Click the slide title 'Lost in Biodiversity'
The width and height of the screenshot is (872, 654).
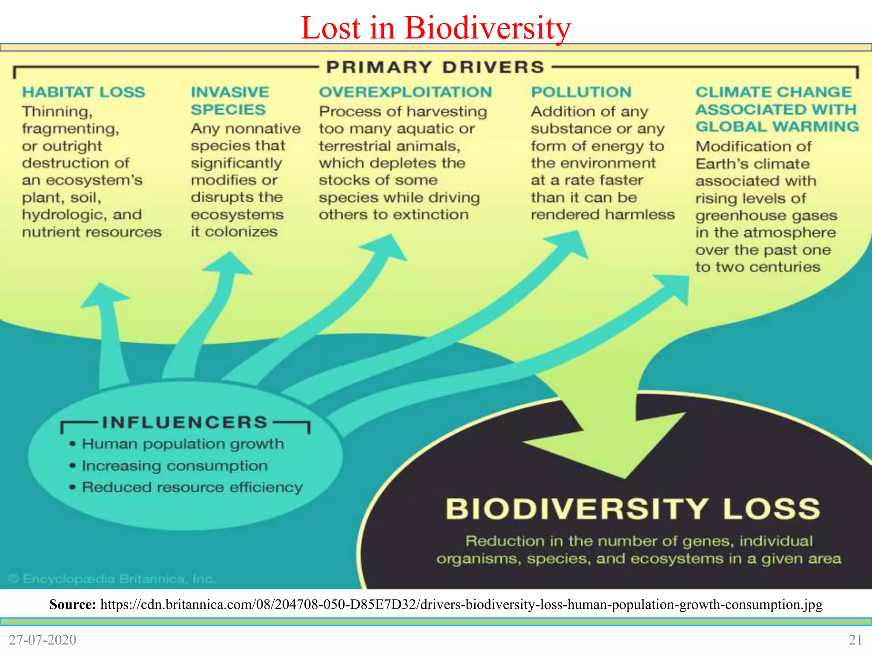(x=436, y=28)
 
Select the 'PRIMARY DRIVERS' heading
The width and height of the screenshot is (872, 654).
(x=435, y=67)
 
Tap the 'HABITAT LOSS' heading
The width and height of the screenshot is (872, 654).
(x=83, y=92)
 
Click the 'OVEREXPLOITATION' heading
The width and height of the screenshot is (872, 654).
(x=405, y=92)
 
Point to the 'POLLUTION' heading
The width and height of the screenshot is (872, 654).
(x=581, y=92)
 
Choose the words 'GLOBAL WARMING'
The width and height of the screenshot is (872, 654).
(x=777, y=126)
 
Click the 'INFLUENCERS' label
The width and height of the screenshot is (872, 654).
(x=185, y=422)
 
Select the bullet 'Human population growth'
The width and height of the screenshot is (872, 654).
(x=183, y=444)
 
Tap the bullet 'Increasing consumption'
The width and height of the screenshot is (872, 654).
(x=175, y=465)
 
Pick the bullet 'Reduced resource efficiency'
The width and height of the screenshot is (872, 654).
(x=192, y=487)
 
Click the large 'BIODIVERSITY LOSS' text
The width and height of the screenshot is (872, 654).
(x=633, y=509)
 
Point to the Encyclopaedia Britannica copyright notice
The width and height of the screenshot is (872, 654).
(x=112, y=579)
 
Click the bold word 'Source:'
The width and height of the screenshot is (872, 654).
(x=73, y=604)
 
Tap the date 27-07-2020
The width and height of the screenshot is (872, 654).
(x=43, y=640)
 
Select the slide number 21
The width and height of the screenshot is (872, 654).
(x=855, y=640)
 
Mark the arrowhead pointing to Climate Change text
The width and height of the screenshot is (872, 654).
(x=675, y=287)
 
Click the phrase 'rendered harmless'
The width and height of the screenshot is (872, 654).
(x=602, y=215)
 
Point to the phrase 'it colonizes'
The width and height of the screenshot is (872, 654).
(x=234, y=232)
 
